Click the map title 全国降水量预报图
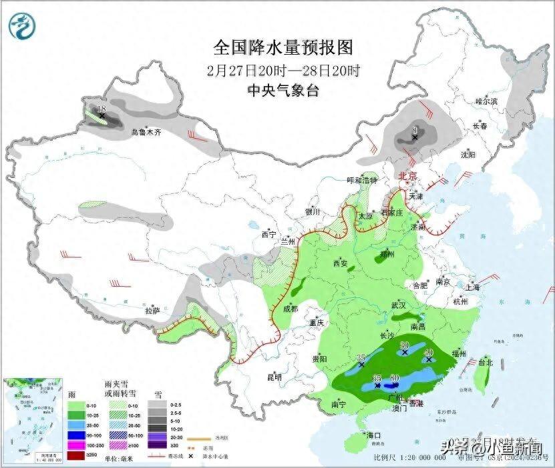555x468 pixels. coord(283,48)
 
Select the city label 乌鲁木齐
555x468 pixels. coord(146,133)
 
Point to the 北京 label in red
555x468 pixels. coord(407,177)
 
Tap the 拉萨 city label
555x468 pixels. coord(152,311)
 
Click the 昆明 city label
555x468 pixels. coord(274,377)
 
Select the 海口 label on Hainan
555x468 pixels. coord(375,435)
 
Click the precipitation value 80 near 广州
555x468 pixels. coord(394,378)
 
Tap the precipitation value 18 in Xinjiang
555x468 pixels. coord(102,109)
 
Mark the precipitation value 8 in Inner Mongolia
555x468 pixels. coord(415,130)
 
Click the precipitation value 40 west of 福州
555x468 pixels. coord(429,352)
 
